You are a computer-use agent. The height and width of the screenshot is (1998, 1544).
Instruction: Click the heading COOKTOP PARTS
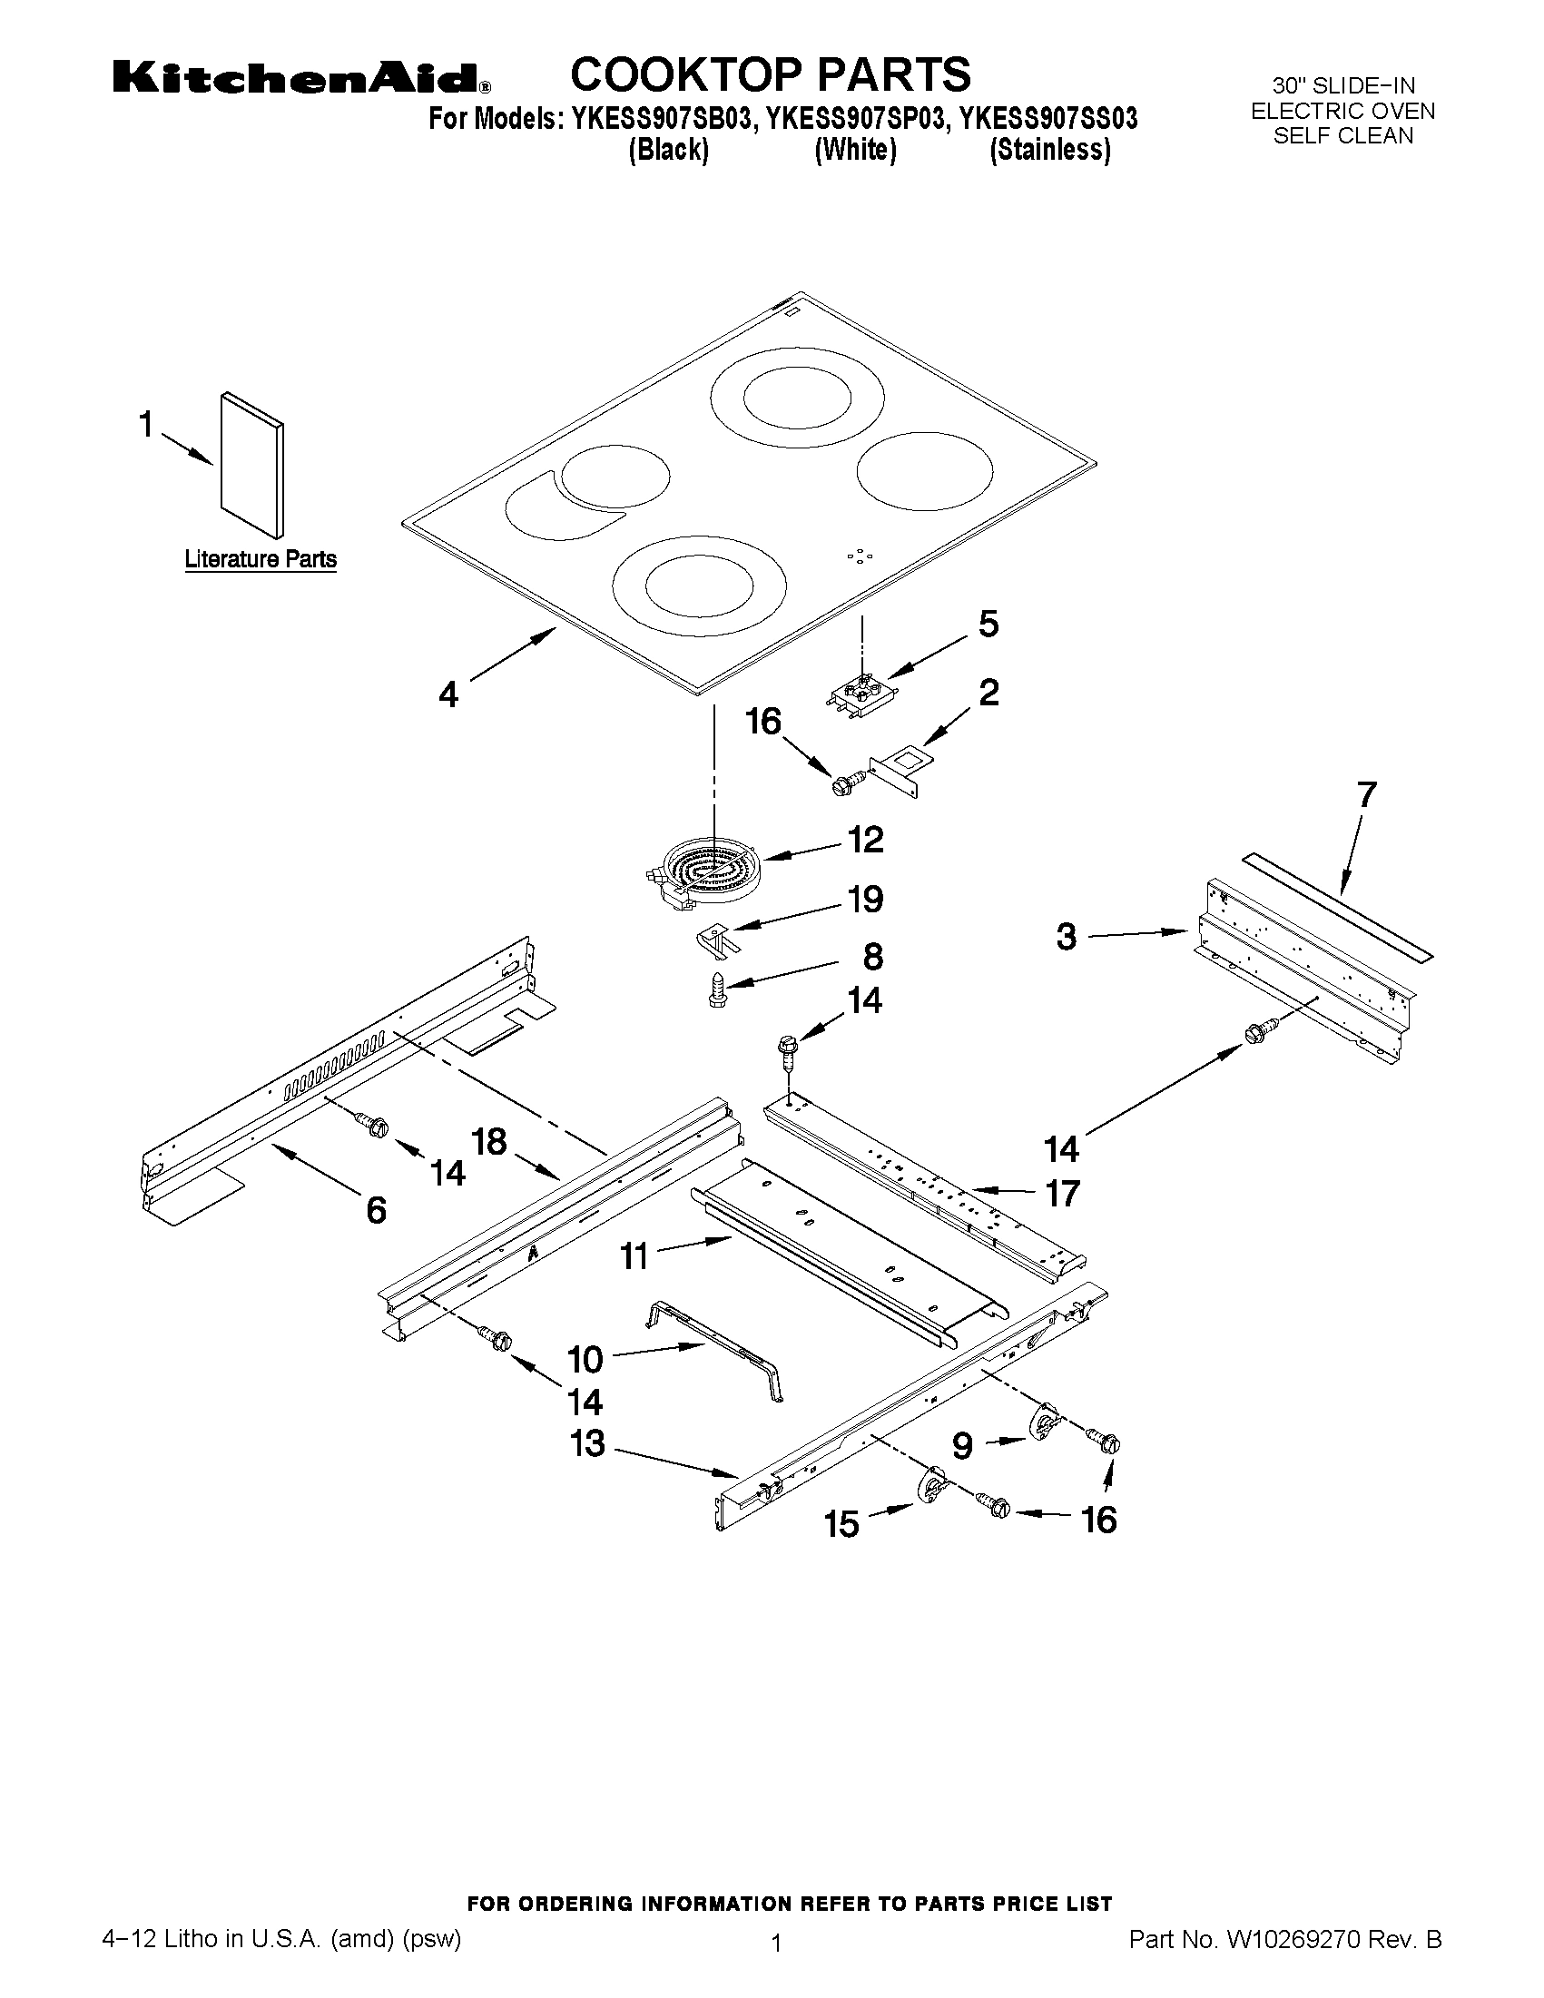coord(770,74)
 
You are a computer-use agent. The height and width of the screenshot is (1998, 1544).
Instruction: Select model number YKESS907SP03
coord(855,119)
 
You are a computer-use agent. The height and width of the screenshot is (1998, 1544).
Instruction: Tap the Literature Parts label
coord(261,559)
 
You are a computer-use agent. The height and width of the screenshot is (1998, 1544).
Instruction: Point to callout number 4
coord(447,695)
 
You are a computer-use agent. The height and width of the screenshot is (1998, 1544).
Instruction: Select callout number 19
coord(864,900)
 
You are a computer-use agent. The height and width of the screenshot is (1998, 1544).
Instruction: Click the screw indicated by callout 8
coord(718,989)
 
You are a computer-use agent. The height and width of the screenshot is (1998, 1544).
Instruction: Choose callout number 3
coord(1067,937)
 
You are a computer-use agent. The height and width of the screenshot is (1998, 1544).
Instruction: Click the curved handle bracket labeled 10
coord(718,1350)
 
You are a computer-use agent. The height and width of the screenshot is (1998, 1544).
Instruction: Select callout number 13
coord(587,1443)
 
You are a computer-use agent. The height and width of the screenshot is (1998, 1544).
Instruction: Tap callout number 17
coord(1062,1193)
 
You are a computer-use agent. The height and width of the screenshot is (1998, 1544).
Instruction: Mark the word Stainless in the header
coord(1050,150)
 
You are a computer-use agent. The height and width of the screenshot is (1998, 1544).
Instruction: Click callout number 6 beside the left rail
coord(376,1210)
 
